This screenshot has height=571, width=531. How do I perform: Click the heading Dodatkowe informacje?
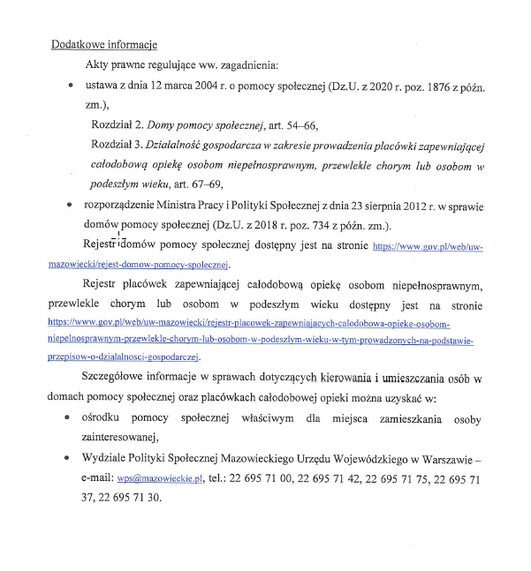click(104, 43)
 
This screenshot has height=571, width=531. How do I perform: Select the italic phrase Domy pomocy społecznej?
click(199, 125)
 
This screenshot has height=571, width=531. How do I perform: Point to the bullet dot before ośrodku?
click(70, 419)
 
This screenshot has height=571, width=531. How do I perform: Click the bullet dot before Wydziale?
click(70, 459)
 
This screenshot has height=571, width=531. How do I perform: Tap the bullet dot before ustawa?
click(70, 87)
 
